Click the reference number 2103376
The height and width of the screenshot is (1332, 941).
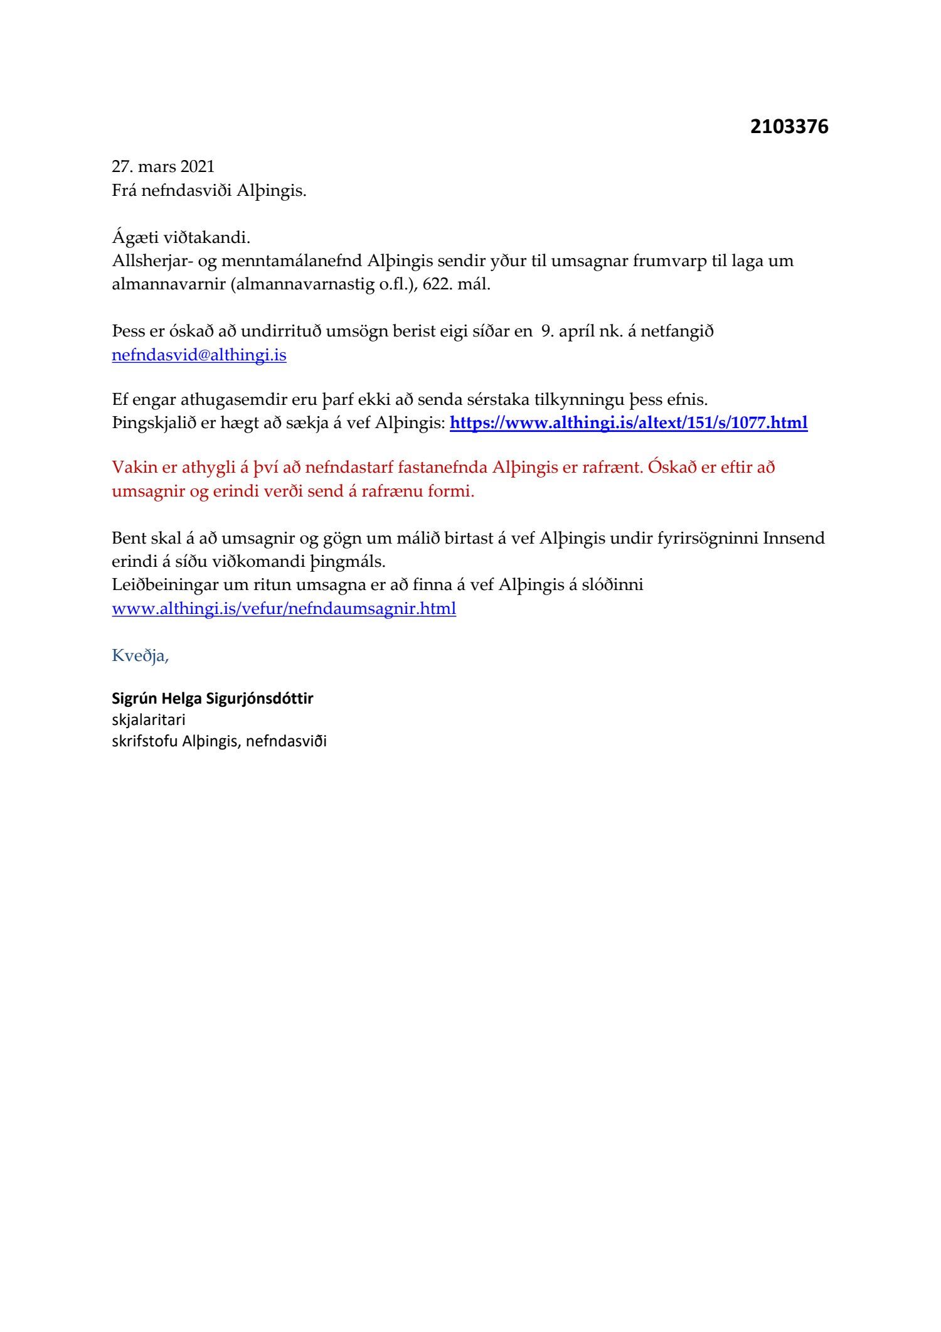tap(789, 127)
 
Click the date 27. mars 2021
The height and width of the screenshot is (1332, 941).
tap(163, 166)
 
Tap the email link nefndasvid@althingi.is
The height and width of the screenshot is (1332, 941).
tap(199, 355)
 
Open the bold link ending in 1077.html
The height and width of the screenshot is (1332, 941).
tap(629, 423)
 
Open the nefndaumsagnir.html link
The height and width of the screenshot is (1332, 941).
tap(284, 609)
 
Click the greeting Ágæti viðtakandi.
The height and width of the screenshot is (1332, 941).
tap(181, 238)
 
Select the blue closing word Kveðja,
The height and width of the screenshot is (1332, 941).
tap(141, 656)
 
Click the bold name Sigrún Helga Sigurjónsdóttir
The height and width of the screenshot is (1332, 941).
tap(212, 698)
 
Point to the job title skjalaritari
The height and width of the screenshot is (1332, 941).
tap(149, 719)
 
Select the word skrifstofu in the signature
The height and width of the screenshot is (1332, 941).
tap(144, 741)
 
